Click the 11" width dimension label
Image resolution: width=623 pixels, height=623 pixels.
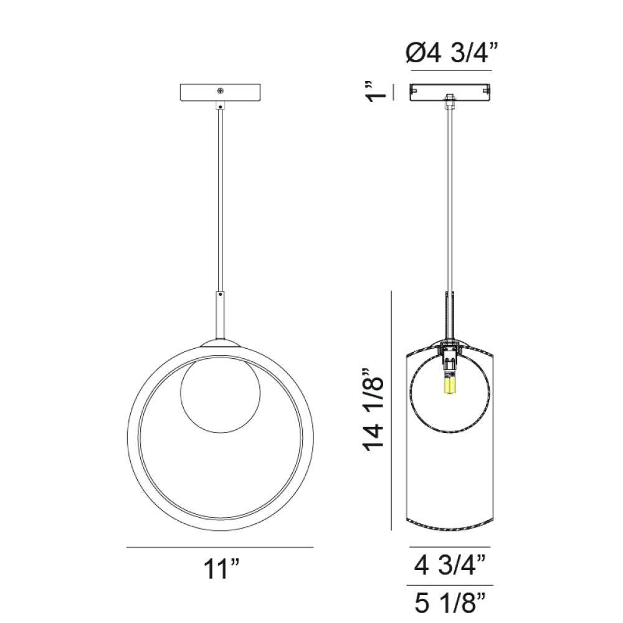pos(222,569)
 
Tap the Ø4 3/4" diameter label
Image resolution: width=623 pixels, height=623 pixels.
pos(452,52)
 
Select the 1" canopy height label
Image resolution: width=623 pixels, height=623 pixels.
pos(374,93)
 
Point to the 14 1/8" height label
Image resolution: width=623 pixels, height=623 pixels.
pos(374,410)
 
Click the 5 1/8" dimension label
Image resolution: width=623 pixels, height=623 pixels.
pos(450,602)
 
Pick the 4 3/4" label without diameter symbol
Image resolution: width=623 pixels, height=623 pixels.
pos(450,566)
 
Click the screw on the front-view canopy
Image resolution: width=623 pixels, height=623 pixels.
pos(221,91)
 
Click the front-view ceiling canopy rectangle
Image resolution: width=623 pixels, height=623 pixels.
pos(221,93)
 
